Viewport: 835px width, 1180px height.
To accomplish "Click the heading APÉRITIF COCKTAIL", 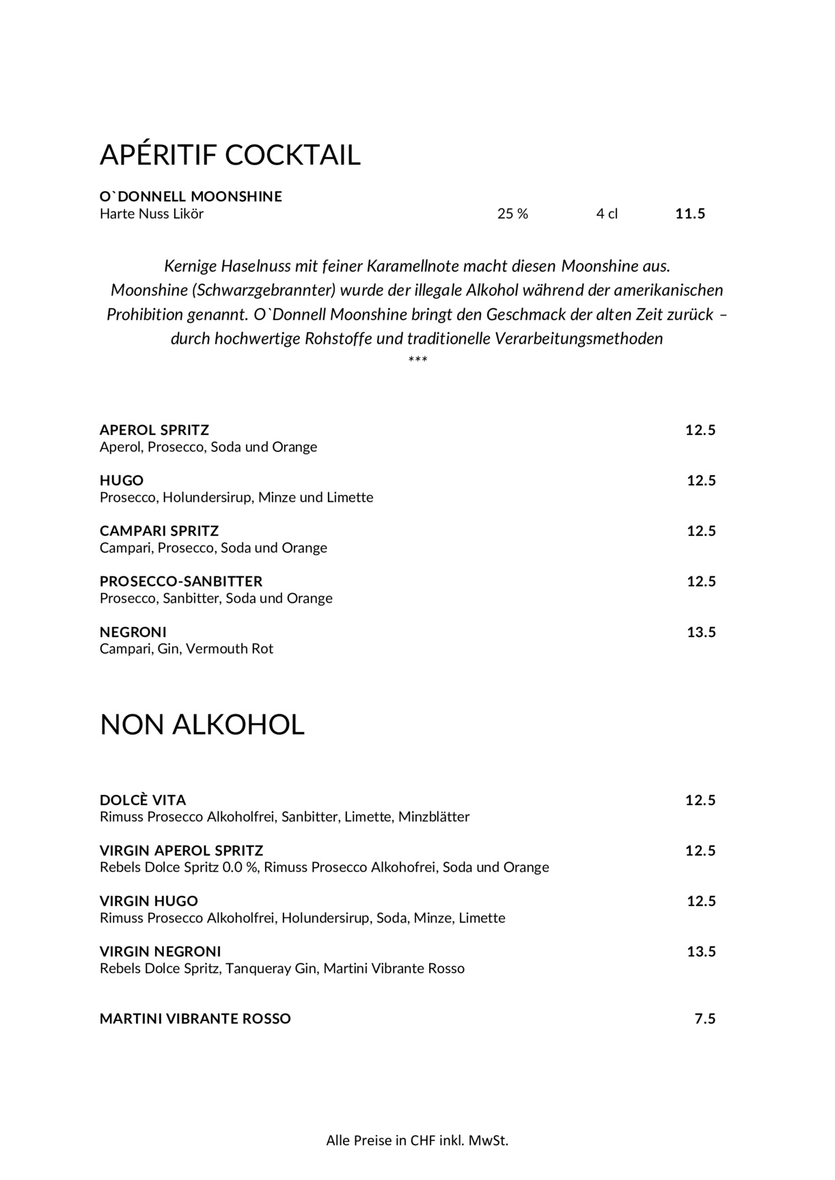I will pyautogui.click(x=230, y=155).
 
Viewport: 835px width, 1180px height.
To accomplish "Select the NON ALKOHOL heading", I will pyautogui.click(x=202, y=725).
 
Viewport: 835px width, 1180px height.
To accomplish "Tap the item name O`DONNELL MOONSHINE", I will pyautogui.click(x=191, y=197).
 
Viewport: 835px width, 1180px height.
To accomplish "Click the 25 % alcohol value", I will pyautogui.click(x=512, y=214).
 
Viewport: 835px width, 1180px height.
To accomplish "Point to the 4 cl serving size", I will pyautogui.click(x=607, y=214).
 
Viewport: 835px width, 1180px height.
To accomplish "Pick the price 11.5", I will pyautogui.click(x=690, y=214).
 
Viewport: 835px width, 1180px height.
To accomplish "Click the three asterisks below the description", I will pyautogui.click(x=417, y=360).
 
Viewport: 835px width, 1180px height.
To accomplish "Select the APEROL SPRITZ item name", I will pyautogui.click(x=154, y=430).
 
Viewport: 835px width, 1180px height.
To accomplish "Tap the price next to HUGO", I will pyautogui.click(x=701, y=481).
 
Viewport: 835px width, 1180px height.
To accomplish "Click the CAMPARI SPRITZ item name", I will pyautogui.click(x=159, y=531).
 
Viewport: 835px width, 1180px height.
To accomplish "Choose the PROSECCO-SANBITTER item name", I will pyautogui.click(x=181, y=582).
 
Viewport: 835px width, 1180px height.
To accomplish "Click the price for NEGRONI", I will pyautogui.click(x=701, y=632).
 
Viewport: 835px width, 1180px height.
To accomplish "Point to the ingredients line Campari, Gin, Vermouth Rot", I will pyautogui.click(x=187, y=649).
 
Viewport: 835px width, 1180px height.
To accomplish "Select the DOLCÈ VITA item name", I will pyautogui.click(x=143, y=800).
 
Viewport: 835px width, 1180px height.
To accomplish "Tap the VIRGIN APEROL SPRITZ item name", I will pyautogui.click(x=181, y=851).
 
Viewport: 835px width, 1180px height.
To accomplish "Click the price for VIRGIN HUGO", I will pyautogui.click(x=701, y=901).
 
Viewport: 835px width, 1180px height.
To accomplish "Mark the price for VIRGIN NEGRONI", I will pyautogui.click(x=701, y=952).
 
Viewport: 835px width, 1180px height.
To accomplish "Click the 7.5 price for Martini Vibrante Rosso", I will pyautogui.click(x=705, y=1019).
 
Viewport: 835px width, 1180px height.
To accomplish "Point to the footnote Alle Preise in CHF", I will pyautogui.click(x=417, y=1140).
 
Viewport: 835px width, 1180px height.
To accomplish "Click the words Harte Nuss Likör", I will pyautogui.click(x=152, y=214).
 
